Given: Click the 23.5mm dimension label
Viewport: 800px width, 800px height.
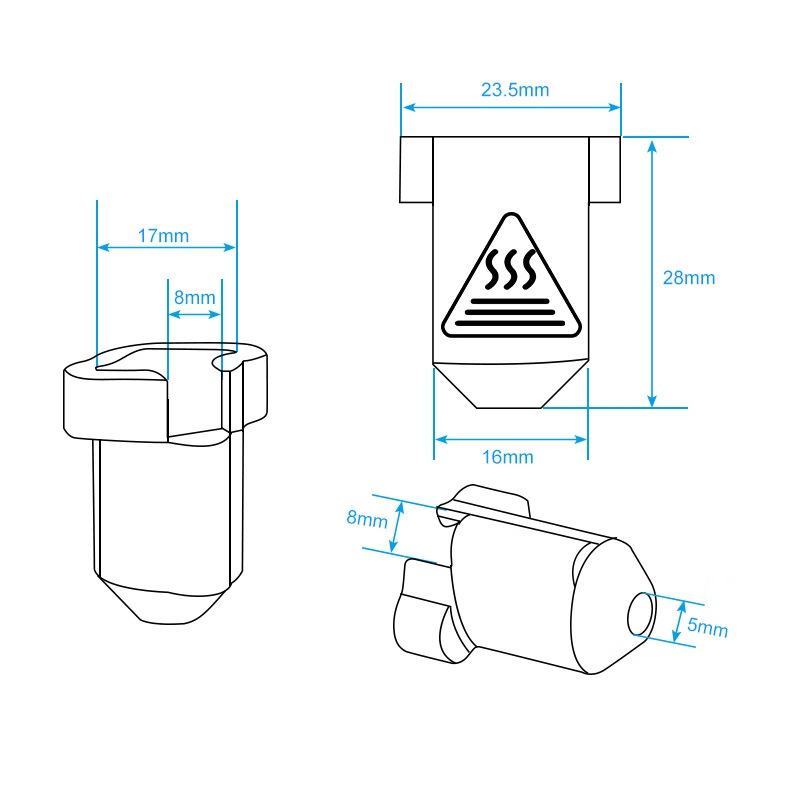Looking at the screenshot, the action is pos(515,90).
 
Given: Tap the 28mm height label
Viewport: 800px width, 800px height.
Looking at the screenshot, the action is pos(689,278).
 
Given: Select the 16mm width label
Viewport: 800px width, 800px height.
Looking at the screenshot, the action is pos(508,457).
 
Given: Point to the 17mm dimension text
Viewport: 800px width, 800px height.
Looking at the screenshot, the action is pos(163,236).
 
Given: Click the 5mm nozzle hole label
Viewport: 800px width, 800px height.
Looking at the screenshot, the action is pos(707,627).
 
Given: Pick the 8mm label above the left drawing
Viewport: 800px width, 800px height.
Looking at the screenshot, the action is pos(195,297).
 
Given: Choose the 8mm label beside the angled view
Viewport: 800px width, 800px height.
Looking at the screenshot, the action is pos(367,518).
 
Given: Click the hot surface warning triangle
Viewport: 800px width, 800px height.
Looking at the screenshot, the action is pos(511,276).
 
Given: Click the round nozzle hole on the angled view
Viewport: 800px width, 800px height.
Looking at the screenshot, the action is pos(641,614).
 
